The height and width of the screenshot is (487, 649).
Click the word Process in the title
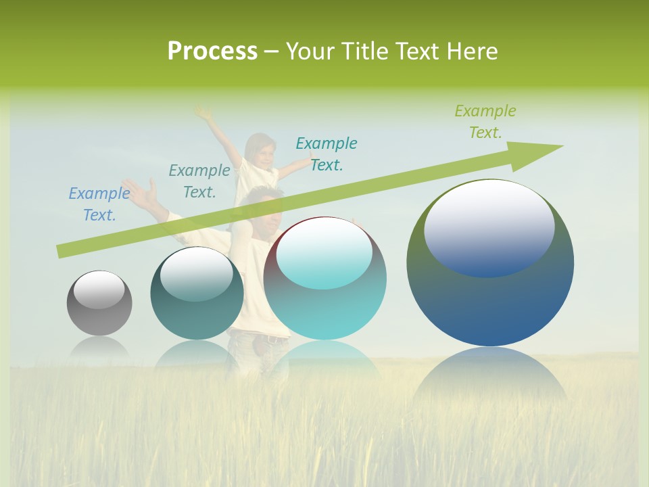(x=212, y=51)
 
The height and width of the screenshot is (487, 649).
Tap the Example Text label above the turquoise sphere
(x=327, y=154)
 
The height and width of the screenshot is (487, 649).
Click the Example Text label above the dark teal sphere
(x=199, y=181)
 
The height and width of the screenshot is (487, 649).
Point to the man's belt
(x=270, y=338)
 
